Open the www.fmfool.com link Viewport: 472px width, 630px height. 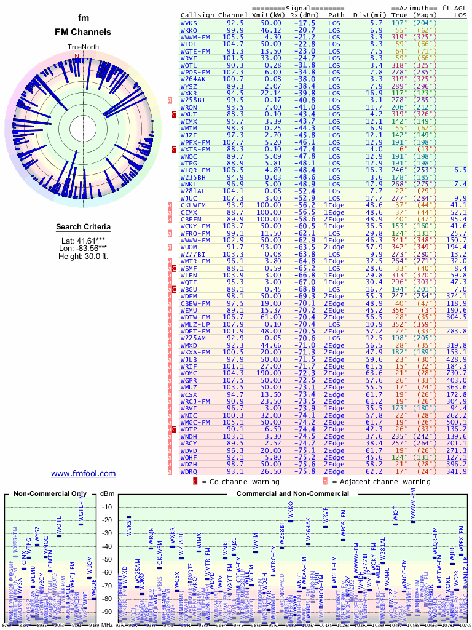coord(83,473)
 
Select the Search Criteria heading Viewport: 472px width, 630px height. coord(83,227)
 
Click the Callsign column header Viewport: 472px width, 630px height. coord(197,14)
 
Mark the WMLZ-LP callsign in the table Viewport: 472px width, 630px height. coord(195,324)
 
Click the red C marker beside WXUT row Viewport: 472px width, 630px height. coord(174,114)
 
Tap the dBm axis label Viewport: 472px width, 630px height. coord(108,494)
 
